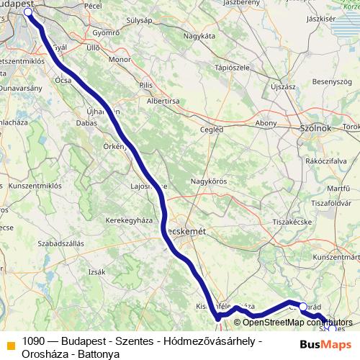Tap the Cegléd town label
(210, 130)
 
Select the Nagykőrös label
(204, 181)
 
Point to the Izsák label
(96, 271)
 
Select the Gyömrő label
(105, 32)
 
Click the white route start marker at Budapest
(28, 12)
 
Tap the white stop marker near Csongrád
(303, 306)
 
